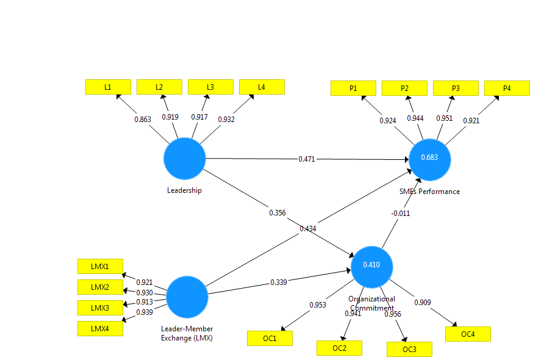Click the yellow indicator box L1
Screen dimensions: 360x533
point(108,87)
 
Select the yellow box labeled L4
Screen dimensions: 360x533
point(262,87)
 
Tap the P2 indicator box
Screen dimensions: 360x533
point(404,88)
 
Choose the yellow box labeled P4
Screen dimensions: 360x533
point(507,88)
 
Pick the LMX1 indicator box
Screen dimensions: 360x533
point(100,267)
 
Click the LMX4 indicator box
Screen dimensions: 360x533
point(100,328)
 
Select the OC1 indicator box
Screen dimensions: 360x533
point(270,338)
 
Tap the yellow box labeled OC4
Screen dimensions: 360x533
point(468,334)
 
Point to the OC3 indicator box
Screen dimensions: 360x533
point(409,349)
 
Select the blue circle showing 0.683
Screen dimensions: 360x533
point(430,159)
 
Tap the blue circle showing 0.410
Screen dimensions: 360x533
point(371,265)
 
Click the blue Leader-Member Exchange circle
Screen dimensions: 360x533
point(187,297)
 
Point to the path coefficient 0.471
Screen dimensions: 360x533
point(307,159)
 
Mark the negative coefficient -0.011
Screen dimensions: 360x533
point(400,213)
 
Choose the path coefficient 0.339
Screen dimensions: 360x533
point(279,283)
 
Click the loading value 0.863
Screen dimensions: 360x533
point(143,119)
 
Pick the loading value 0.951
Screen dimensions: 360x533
point(444,118)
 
